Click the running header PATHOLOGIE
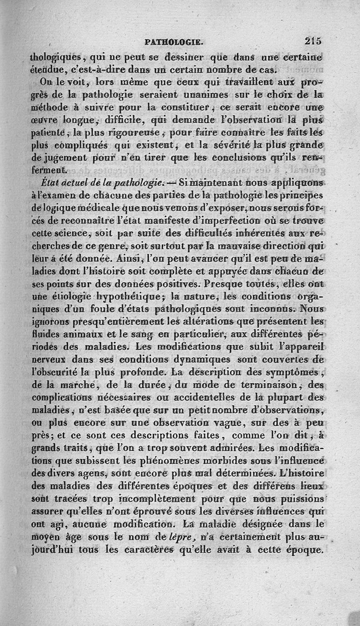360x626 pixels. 174,42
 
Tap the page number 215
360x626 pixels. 313,41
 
